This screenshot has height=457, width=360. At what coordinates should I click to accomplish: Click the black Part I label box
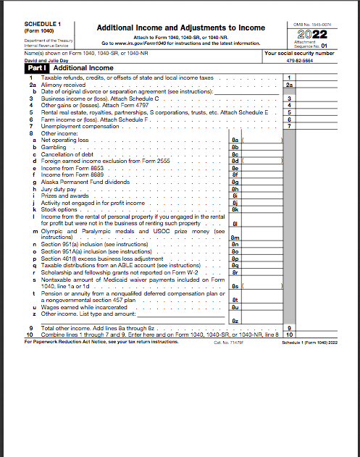[36, 67]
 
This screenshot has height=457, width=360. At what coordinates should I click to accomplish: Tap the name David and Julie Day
[43, 61]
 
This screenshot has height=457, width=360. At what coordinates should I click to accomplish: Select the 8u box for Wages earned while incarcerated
[235, 307]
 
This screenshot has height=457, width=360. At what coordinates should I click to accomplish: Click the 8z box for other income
[235, 320]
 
